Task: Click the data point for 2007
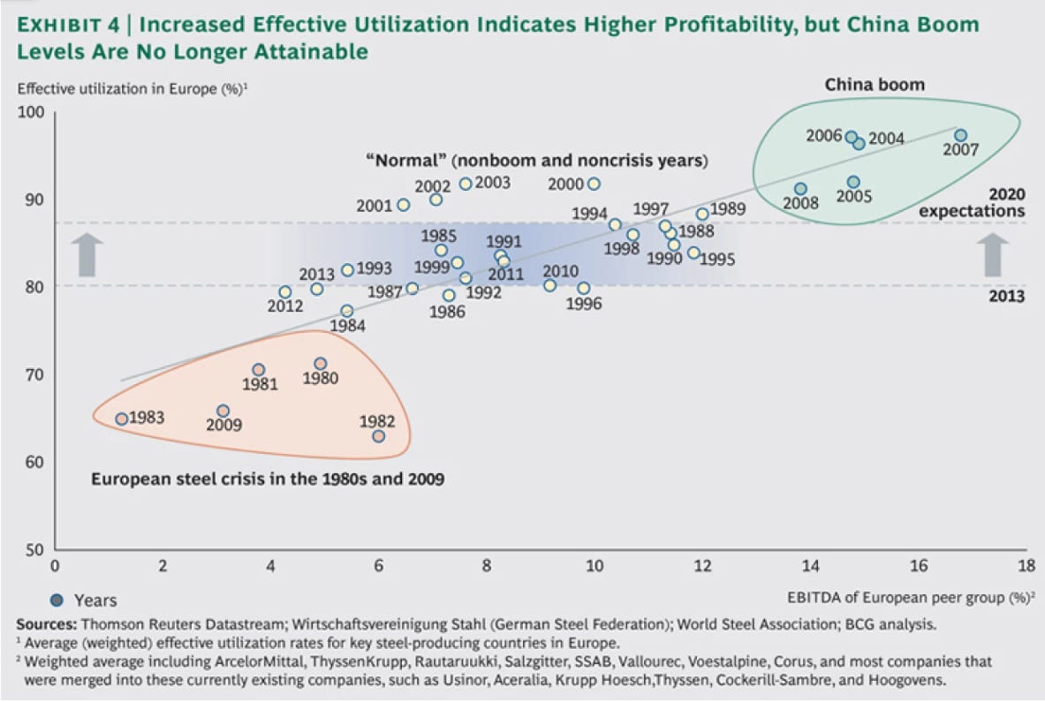pyautogui.click(x=960, y=135)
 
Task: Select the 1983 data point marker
pyautogui.click(x=122, y=419)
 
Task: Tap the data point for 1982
pyautogui.click(x=378, y=436)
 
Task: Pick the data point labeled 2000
pyautogui.click(x=594, y=184)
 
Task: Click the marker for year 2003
pyautogui.click(x=466, y=184)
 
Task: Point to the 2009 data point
pyautogui.click(x=223, y=411)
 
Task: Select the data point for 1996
pyautogui.click(x=583, y=288)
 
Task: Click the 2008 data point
pyautogui.click(x=800, y=189)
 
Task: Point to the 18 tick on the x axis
pyautogui.click(x=1026, y=566)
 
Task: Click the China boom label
pyautogui.click(x=875, y=85)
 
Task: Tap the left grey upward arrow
pyautogui.click(x=85, y=254)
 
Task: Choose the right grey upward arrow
pyautogui.click(x=996, y=254)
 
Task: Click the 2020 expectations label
pyautogui.click(x=972, y=202)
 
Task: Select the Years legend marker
pyautogui.click(x=57, y=600)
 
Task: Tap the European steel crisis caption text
pyautogui.click(x=268, y=480)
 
